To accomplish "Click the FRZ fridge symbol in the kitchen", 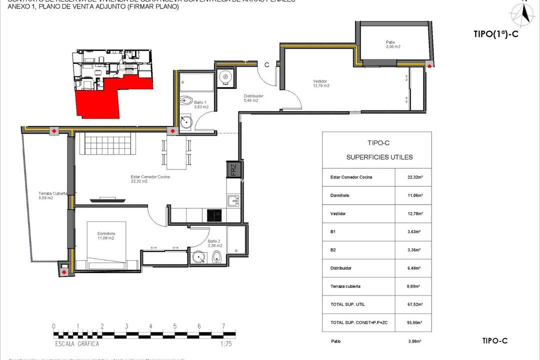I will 234,170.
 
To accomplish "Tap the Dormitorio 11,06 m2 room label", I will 106,235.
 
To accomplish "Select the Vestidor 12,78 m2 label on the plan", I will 320,83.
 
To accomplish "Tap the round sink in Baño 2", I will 199,258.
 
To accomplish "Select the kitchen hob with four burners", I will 215,215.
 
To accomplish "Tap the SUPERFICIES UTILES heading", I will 379,157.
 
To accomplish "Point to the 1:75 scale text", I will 226,344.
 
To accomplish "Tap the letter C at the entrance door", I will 267,64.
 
